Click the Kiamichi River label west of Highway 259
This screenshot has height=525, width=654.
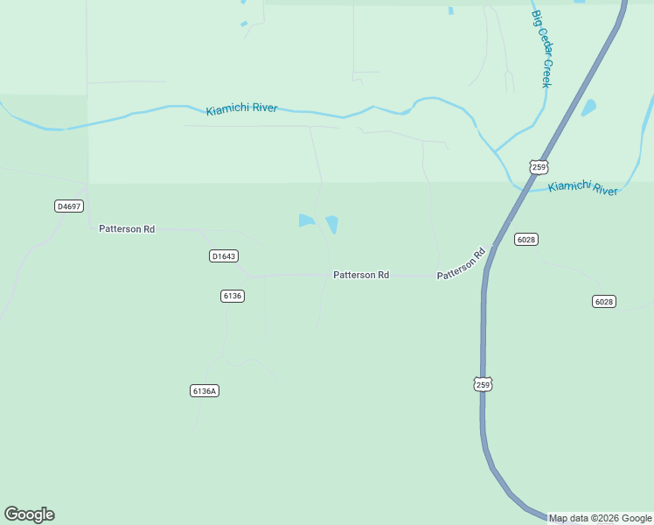click(x=242, y=109)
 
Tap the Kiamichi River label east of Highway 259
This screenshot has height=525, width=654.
click(x=583, y=188)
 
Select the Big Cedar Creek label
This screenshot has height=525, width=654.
click(x=542, y=49)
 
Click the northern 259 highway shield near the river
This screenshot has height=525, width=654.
click(x=539, y=166)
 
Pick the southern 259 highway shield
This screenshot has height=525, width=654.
click(x=484, y=384)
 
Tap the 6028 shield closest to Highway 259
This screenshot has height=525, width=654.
click(x=525, y=240)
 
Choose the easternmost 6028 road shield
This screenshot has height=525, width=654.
click(x=603, y=301)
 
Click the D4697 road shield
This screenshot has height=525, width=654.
click(x=68, y=206)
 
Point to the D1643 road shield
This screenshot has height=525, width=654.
click(x=224, y=256)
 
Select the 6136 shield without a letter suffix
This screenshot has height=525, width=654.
click(x=232, y=296)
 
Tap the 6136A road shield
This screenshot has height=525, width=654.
click(x=204, y=390)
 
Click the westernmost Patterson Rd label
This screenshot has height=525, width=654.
click(x=127, y=229)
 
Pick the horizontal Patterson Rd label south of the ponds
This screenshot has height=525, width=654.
click(x=361, y=275)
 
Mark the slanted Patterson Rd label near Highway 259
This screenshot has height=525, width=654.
click(x=461, y=264)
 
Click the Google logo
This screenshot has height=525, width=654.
click(x=29, y=514)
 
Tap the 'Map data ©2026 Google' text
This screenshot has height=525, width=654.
click(x=600, y=518)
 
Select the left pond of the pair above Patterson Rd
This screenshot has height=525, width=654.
click(x=305, y=220)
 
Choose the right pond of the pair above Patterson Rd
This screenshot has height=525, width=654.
click(x=332, y=224)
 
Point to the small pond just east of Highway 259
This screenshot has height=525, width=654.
click(x=588, y=108)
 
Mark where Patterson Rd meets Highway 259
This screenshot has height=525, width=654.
click(x=491, y=248)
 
